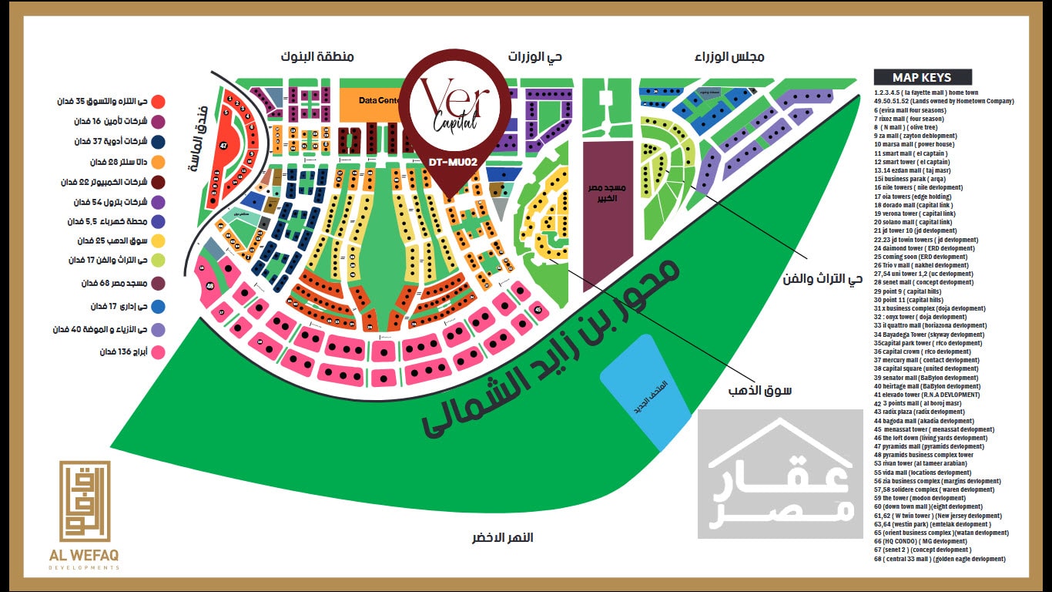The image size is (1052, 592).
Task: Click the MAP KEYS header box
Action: pos(922,77)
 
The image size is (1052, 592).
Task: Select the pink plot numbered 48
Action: pos(209,287)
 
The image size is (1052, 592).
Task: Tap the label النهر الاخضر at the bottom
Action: pos(502,537)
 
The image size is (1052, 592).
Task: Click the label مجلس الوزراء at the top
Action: pos(729,57)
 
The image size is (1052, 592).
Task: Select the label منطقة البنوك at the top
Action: pos(317,57)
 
